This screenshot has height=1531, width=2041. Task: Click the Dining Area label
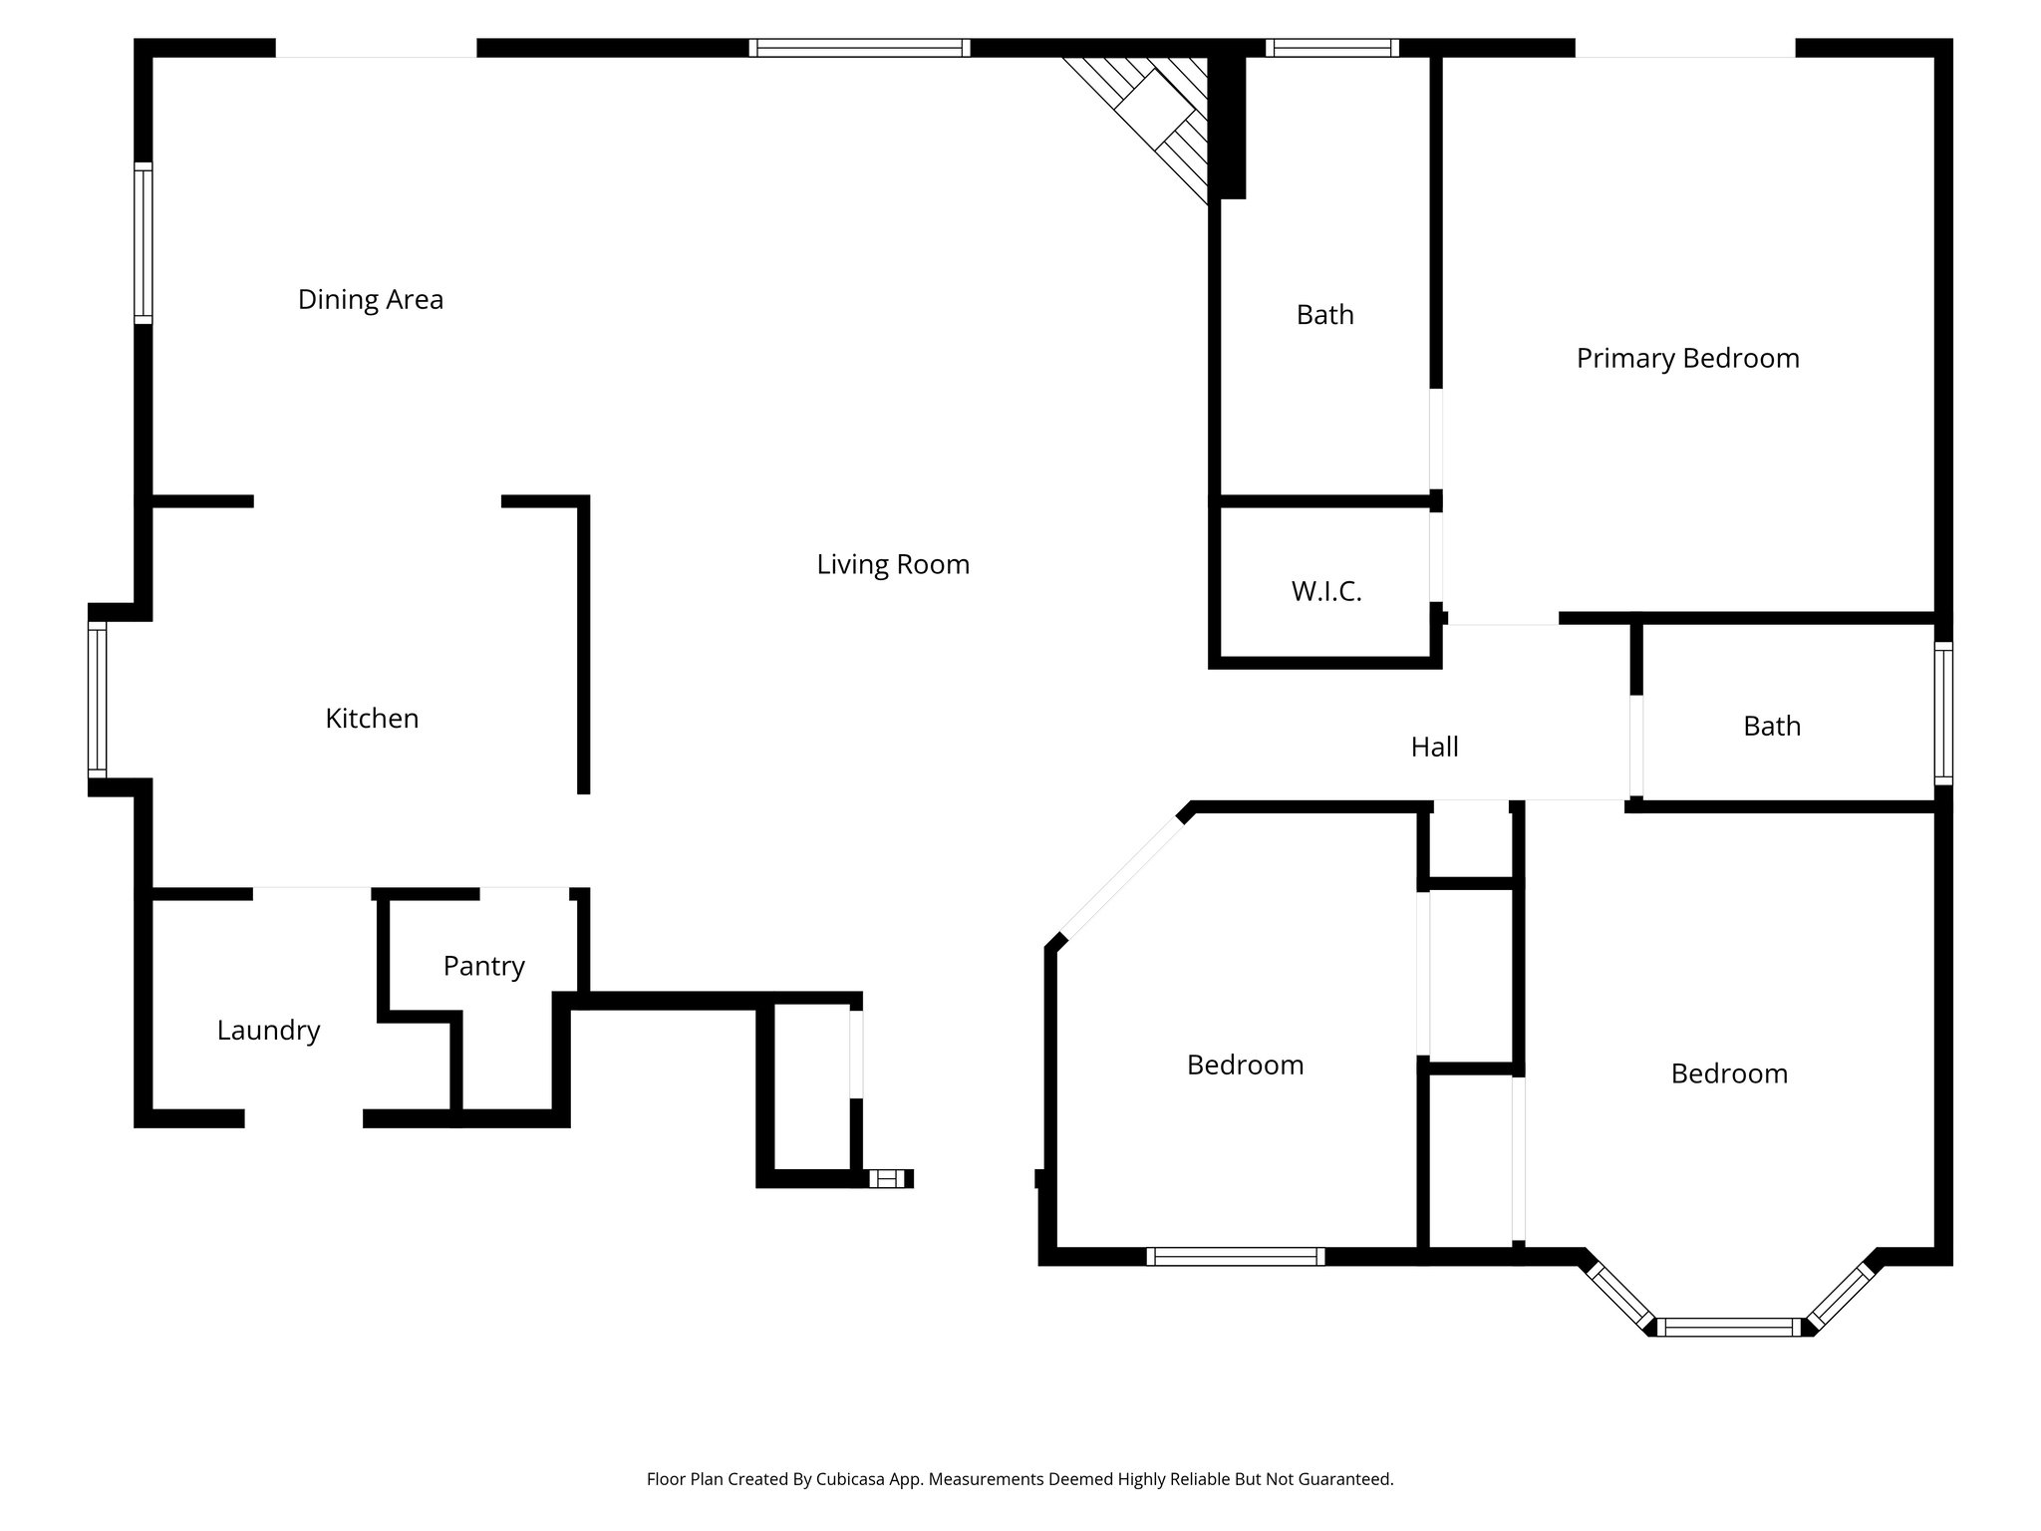click(370, 299)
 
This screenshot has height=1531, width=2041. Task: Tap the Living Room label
click(893, 564)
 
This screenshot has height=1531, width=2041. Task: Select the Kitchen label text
click(372, 719)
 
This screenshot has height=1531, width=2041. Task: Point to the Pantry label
click(483, 966)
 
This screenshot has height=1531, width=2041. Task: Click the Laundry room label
click(268, 1031)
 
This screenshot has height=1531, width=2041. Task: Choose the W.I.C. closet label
click(1325, 592)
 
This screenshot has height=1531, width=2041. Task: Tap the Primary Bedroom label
click(1687, 359)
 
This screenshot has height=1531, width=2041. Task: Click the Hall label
click(1434, 747)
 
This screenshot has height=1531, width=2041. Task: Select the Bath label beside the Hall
click(1771, 727)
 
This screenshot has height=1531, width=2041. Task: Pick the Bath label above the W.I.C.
click(1324, 315)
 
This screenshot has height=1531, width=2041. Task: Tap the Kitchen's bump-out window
click(97, 699)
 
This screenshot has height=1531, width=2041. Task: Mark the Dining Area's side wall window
click(144, 243)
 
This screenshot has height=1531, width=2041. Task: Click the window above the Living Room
click(858, 48)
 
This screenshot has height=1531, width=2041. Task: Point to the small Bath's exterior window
click(1943, 714)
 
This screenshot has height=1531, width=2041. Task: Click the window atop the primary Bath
click(1331, 48)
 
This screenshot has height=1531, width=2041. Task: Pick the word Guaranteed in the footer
click(1346, 1479)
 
